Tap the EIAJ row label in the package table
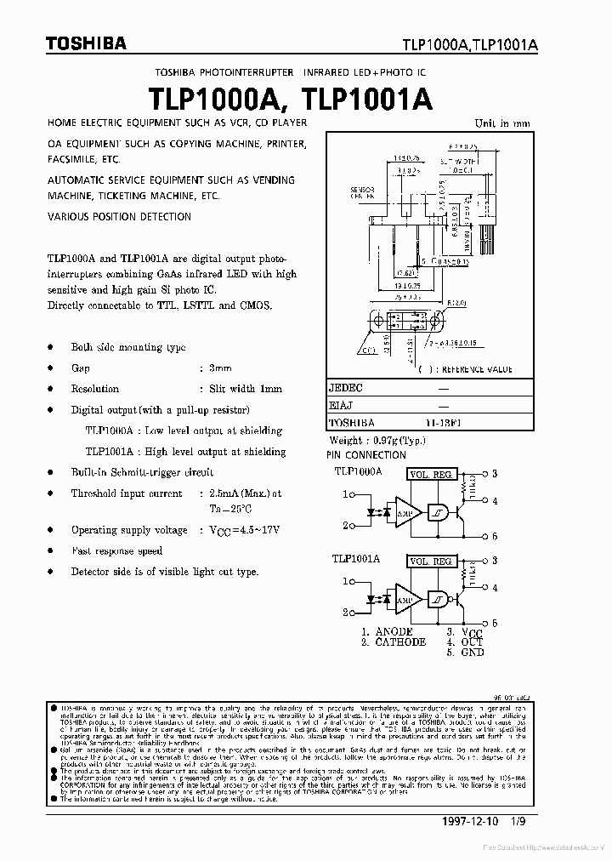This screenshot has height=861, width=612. pyautogui.click(x=342, y=405)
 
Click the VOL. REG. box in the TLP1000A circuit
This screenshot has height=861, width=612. pyautogui.click(x=431, y=474)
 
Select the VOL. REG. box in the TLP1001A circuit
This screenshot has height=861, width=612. pyautogui.click(x=431, y=562)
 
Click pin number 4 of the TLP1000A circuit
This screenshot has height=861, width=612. pyautogui.click(x=495, y=501)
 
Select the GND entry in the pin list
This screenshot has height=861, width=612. pyautogui.click(x=472, y=653)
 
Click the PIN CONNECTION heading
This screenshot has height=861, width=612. pyautogui.click(x=366, y=456)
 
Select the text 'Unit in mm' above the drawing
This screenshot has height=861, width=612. pyautogui.click(x=501, y=123)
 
